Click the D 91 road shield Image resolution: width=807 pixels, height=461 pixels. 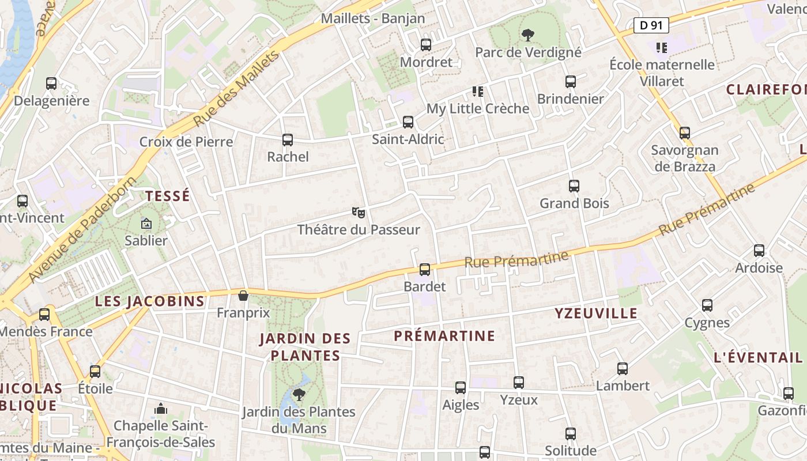[x=651, y=25]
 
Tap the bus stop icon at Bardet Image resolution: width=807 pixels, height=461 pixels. [x=425, y=269]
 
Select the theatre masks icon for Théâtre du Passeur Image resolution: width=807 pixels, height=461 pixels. [x=359, y=213]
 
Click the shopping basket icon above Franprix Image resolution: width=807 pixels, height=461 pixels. [x=243, y=296]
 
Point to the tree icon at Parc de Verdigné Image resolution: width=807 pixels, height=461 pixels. [x=527, y=35]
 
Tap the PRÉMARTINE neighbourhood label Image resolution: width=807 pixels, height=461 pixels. [x=444, y=336]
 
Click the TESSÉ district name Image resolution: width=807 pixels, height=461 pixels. [x=168, y=196]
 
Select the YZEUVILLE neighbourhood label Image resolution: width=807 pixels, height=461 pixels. [x=596, y=313]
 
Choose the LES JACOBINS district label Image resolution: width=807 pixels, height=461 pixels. [x=150, y=301]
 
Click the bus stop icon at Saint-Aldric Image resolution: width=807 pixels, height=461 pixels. [x=408, y=122]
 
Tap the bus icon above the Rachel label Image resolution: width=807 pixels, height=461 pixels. [x=288, y=139]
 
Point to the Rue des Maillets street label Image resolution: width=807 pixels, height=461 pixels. [x=236, y=88]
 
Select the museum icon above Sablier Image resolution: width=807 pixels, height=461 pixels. [x=146, y=223]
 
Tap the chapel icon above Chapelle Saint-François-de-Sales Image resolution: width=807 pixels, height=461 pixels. [x=161, y=409]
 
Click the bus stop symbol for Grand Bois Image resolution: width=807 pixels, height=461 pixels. [x=574, y=186]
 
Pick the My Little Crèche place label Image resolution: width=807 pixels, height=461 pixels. [x=477, y=109]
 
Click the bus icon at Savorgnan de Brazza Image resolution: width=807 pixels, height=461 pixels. [x=685, y=133]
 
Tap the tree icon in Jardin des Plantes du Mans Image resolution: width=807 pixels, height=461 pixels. [x=299, y=394]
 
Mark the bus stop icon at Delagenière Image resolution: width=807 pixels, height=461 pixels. [x=51, y=84]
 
